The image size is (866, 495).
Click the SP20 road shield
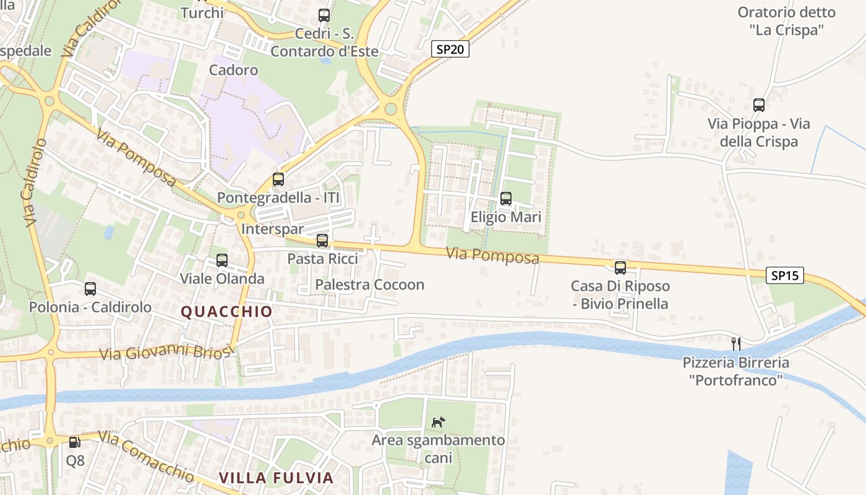click(450, 49)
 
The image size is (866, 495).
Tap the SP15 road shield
click(785, 275)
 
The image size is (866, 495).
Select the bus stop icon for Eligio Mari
click(506, 199)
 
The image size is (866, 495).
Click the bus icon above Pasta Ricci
click(322, 241)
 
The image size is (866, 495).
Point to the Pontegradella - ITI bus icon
click(278, 179)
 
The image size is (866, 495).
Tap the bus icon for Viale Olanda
click(222, 260)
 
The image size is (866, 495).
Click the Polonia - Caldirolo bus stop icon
click(90, 289)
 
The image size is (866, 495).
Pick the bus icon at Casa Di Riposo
click(620, 267)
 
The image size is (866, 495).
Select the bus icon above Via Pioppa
click(759, 105)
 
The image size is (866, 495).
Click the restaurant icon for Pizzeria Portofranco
click(736, 343)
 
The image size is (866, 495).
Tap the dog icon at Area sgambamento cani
click(438, 422)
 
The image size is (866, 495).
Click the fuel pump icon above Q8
click(75, 442)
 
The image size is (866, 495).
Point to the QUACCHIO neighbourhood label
click(226, 311)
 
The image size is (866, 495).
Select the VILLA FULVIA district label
click(277, 478)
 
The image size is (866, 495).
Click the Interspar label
click(273, 229)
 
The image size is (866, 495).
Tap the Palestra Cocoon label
click(370, 285)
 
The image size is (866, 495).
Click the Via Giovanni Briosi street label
click(168, 353)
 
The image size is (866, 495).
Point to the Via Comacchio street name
click(146, 457)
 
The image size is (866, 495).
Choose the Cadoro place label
click(233, 70)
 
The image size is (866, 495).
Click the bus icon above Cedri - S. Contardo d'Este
click(324, 15)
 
